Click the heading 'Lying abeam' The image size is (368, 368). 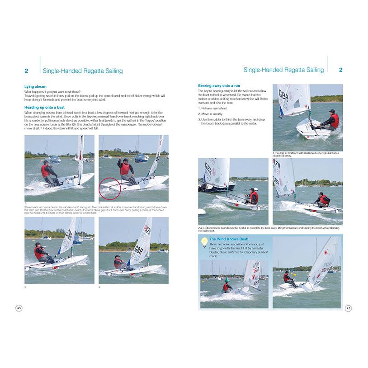(x=35, y=86)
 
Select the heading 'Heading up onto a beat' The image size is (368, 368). (x=44, y=107)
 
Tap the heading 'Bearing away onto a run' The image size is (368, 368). (x=219, y=85)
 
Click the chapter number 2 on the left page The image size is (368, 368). (x=26, y=71)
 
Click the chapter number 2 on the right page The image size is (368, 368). (x=340, y=70)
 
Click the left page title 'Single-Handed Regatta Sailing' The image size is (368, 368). (x=82, y=71)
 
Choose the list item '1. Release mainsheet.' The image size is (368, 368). (x=213, y=109)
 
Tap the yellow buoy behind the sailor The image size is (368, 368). (x=293, y=274)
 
